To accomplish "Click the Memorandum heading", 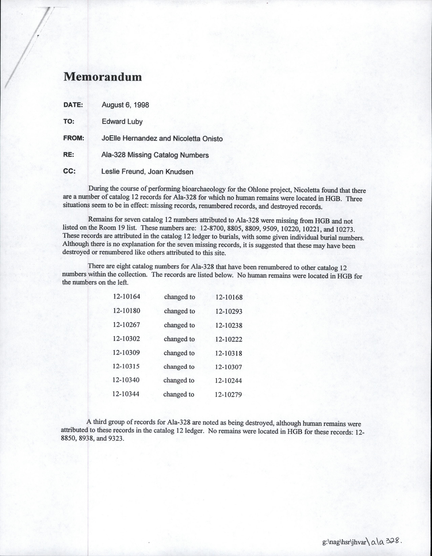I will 103,77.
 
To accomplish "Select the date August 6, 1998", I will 125,105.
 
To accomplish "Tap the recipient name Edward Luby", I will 122,122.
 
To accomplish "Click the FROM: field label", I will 74,138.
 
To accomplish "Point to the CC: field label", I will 69,171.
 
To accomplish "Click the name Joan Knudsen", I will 171,172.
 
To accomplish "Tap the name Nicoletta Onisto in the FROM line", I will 198,139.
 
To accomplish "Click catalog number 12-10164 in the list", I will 126,296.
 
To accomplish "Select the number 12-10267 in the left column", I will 126,325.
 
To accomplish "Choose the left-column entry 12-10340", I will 126,380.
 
